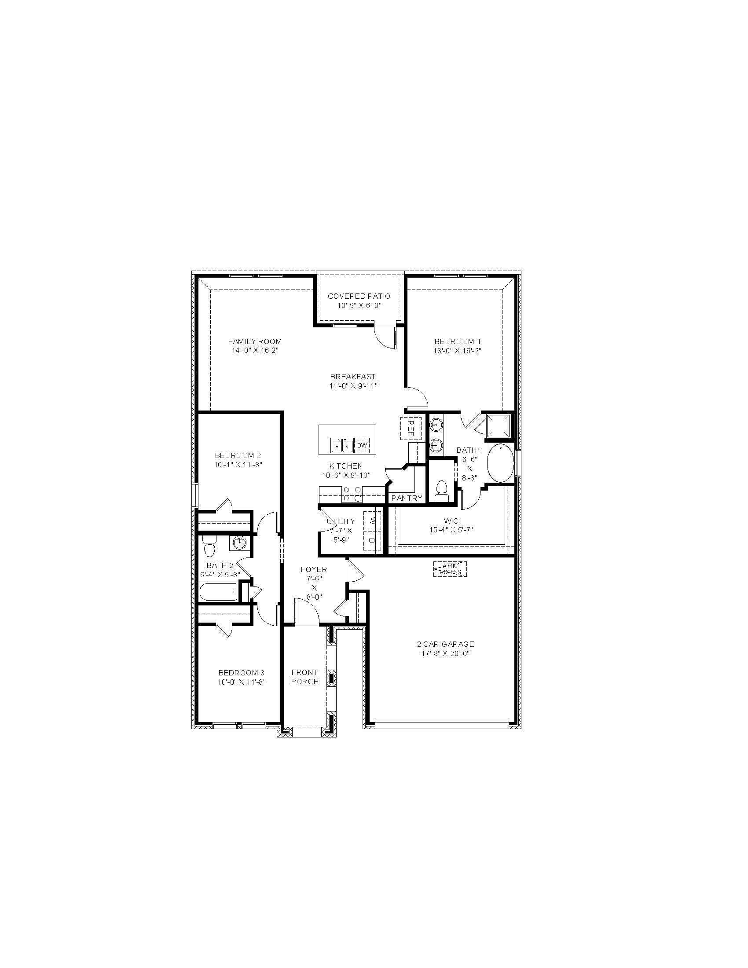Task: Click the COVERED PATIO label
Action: pos(359,296)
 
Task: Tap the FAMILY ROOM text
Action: pos(255,341)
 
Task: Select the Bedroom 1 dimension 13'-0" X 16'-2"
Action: pos(457,351)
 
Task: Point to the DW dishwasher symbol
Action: pos(362,445)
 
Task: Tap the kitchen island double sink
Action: pos(341,445)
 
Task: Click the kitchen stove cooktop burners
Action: pos(352,494)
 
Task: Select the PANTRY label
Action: pos(407,498)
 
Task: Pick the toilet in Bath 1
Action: pos(441,491)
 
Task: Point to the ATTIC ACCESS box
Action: pos(450,569)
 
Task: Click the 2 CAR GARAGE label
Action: pos(445,644)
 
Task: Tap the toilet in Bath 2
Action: pos(209,546)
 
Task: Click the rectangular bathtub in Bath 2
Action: pos(220,592)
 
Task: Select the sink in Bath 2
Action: pos(240,543)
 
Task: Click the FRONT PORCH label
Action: pos(305,677)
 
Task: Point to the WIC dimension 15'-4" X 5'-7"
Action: pos(451,529)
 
